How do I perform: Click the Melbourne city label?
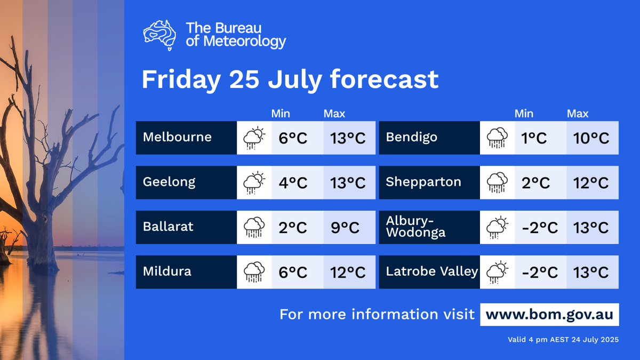pyautogui.click(x=177, y=138)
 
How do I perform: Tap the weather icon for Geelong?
pyautogui.click(x=254, y=182)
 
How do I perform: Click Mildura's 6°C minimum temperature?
pyautogui.click(x=293, y=273)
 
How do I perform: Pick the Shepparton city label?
pyautogui.click(x=423, y=182)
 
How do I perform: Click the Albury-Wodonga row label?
pyautogui.click(x=415, y=227)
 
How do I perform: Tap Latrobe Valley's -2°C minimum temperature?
pyautogui.click(x=539, y=273)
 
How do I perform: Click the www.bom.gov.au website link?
pyautogui.click(x=549, y=315)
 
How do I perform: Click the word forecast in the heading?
pyautogui.click(x=384, y=79)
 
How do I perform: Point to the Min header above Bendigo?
pyautogui.click(x=524, y=114)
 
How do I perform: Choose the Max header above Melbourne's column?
pyautogui.click(x=334, y=114)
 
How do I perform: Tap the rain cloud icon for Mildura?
pyautogui.click(x=254, y=272)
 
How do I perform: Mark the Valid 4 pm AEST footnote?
pyautogui.click(x=563, y=340)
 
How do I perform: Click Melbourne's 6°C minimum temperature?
pyautogui.click(x=293, y=138)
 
